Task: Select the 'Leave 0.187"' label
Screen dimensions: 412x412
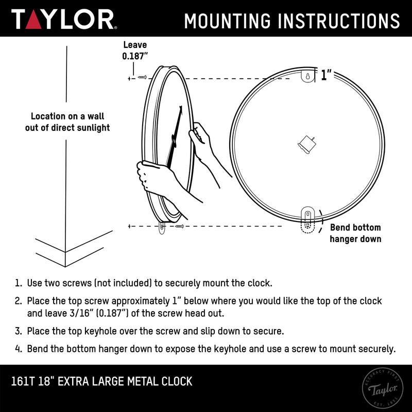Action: point(135,50)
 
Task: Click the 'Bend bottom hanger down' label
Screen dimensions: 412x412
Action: point(355,233)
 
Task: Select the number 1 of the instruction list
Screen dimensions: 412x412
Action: point(18,283)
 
